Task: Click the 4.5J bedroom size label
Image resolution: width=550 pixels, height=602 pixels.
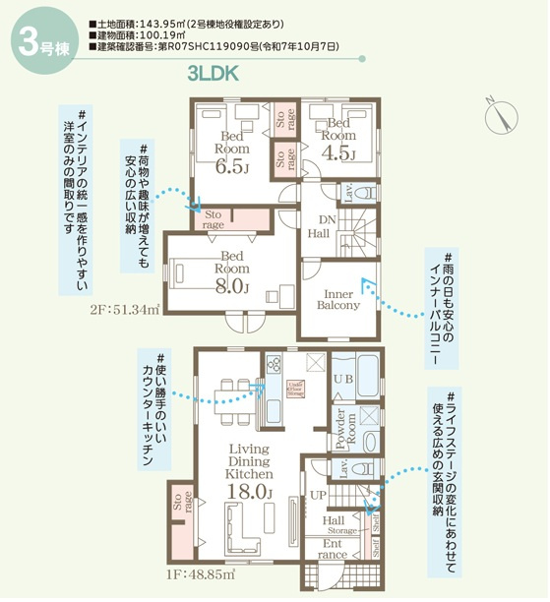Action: (337, 153)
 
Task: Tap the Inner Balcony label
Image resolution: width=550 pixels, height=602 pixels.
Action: (337, 298)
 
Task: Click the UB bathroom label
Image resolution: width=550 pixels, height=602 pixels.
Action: (343, 379)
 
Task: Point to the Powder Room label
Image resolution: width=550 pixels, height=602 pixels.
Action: (341, 430)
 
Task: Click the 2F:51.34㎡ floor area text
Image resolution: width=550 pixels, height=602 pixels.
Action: (123, 309)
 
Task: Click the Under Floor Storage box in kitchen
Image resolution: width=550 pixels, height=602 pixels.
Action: (293, 388)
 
